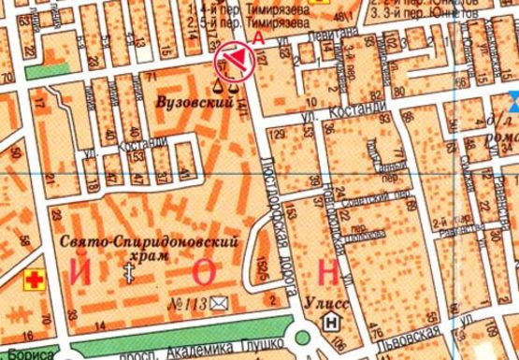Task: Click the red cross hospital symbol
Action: (36, 279)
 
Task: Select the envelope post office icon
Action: (220, 302)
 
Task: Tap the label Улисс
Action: (328, 301)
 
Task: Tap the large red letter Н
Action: (328, 272)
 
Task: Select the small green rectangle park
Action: (48, 68)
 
